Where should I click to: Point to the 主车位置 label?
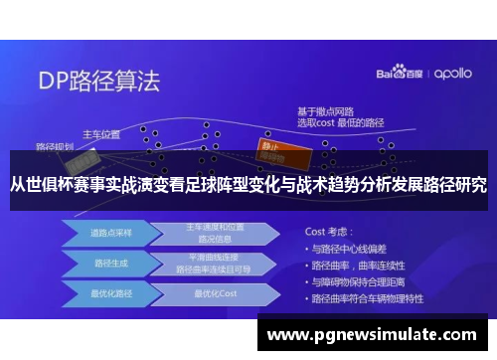click(x=101, y=133)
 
